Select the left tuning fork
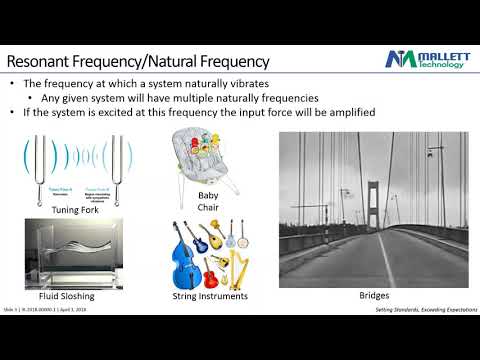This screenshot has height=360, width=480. pyautogui.click(x=43, y=165)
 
